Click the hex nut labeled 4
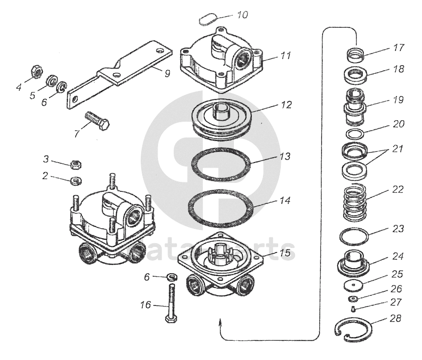(x=36, y=72)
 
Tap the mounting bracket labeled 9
(x=121, y=71)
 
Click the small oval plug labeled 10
(x=207, y=19)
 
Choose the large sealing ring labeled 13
(x=221, y=165)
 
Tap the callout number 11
(x=286, y=56)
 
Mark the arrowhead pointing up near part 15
(x=220, y=321)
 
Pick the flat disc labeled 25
(x=353, y=284)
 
